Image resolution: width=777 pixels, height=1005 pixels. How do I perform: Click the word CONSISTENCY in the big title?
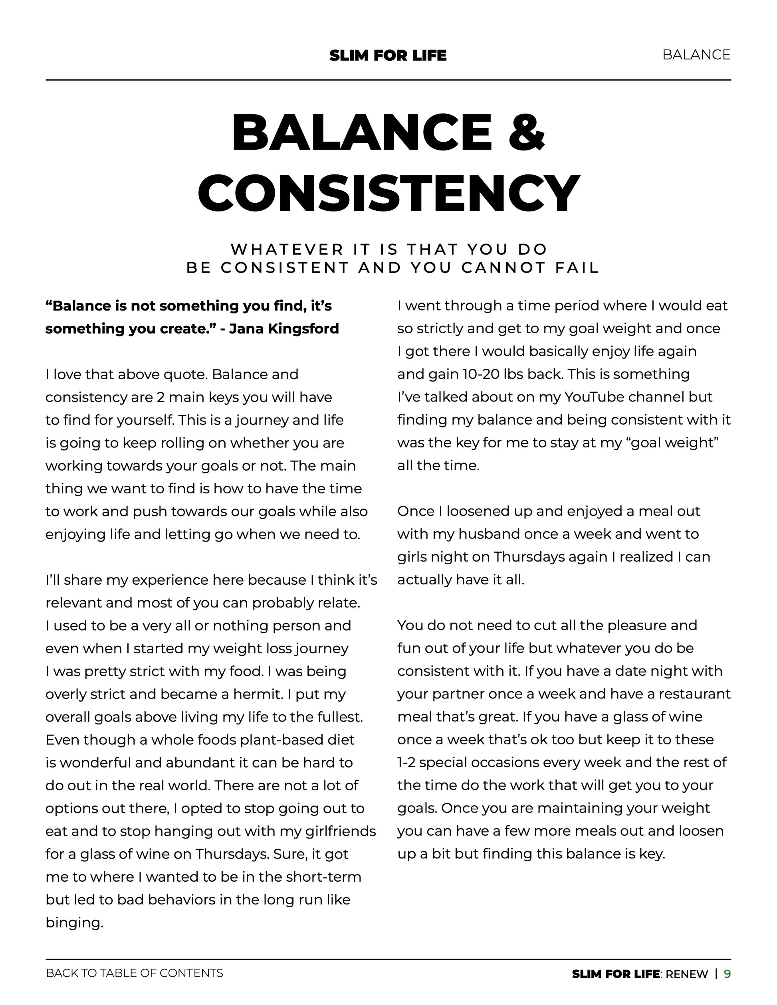[388, 193]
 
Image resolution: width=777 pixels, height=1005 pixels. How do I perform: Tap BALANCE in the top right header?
[696, 55]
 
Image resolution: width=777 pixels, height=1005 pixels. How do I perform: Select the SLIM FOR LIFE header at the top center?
[388, 55]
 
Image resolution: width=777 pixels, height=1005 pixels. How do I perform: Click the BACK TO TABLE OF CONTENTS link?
[135, 973]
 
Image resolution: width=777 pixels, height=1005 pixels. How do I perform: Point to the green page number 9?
[727, 974]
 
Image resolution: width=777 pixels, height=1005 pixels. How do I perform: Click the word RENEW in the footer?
[686, 974]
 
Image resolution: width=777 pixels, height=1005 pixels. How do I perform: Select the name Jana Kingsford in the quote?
[283, 328]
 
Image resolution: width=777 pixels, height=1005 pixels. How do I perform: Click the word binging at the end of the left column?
[73, 923]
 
